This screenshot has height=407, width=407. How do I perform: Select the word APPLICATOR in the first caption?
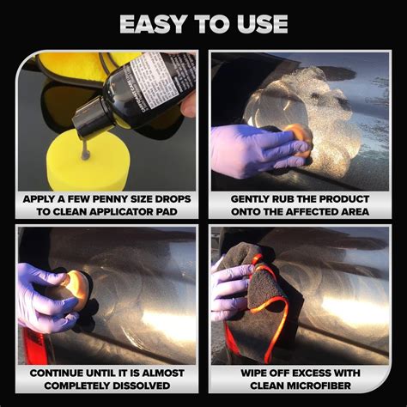pyautogui.click(x=131, y=211)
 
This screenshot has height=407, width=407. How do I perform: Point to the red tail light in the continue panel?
pyautogui.click(x=33, y=343)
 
